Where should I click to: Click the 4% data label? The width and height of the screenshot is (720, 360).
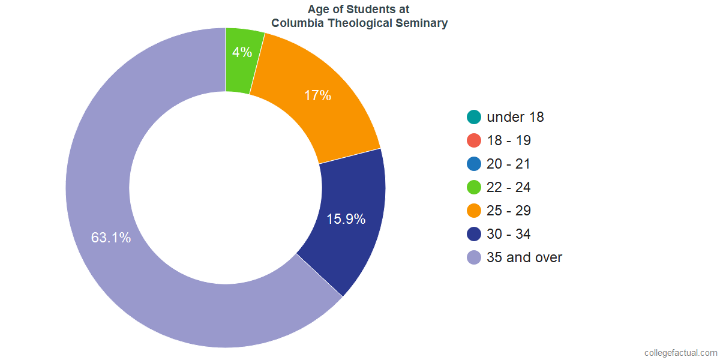[242, 52]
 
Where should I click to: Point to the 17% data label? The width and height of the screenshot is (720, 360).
[317, 95]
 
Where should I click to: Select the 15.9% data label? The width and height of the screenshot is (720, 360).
[346, 219]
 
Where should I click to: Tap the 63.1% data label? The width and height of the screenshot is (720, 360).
[111, 238]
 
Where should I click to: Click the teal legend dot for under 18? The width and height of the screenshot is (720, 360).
[474, 117]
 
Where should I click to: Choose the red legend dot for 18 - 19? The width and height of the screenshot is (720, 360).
[474, 140]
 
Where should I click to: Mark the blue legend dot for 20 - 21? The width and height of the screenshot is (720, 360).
[474, 164]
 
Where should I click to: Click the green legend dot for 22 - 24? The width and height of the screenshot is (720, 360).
[474, 187]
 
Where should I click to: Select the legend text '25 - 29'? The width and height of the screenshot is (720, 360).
[509, 211]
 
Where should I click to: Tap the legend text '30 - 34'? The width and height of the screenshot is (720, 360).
[509, 234]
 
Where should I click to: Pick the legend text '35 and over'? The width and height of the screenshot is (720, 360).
[524, 257]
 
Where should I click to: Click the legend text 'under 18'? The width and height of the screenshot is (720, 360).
[515, 117]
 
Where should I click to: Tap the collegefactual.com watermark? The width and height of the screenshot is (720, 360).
[680, 353]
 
